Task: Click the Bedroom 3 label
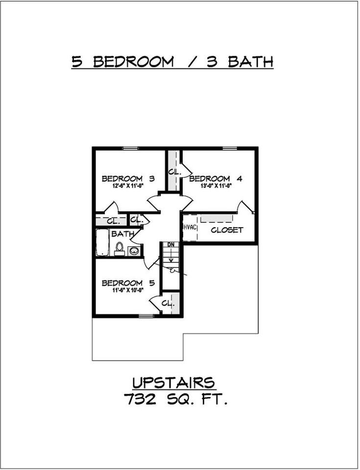[128, 179]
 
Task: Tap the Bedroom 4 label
[210, 179]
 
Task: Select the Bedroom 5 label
[128, 283]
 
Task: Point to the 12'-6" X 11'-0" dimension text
[128, 186]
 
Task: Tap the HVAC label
[190, 228]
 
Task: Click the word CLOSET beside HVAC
[227, 230]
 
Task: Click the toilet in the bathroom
[120, 248]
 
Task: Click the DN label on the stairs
[171, 244]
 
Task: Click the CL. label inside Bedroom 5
[168, 304]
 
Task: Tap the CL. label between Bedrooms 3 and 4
[173, 172]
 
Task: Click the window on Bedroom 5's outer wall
[145, 316]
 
